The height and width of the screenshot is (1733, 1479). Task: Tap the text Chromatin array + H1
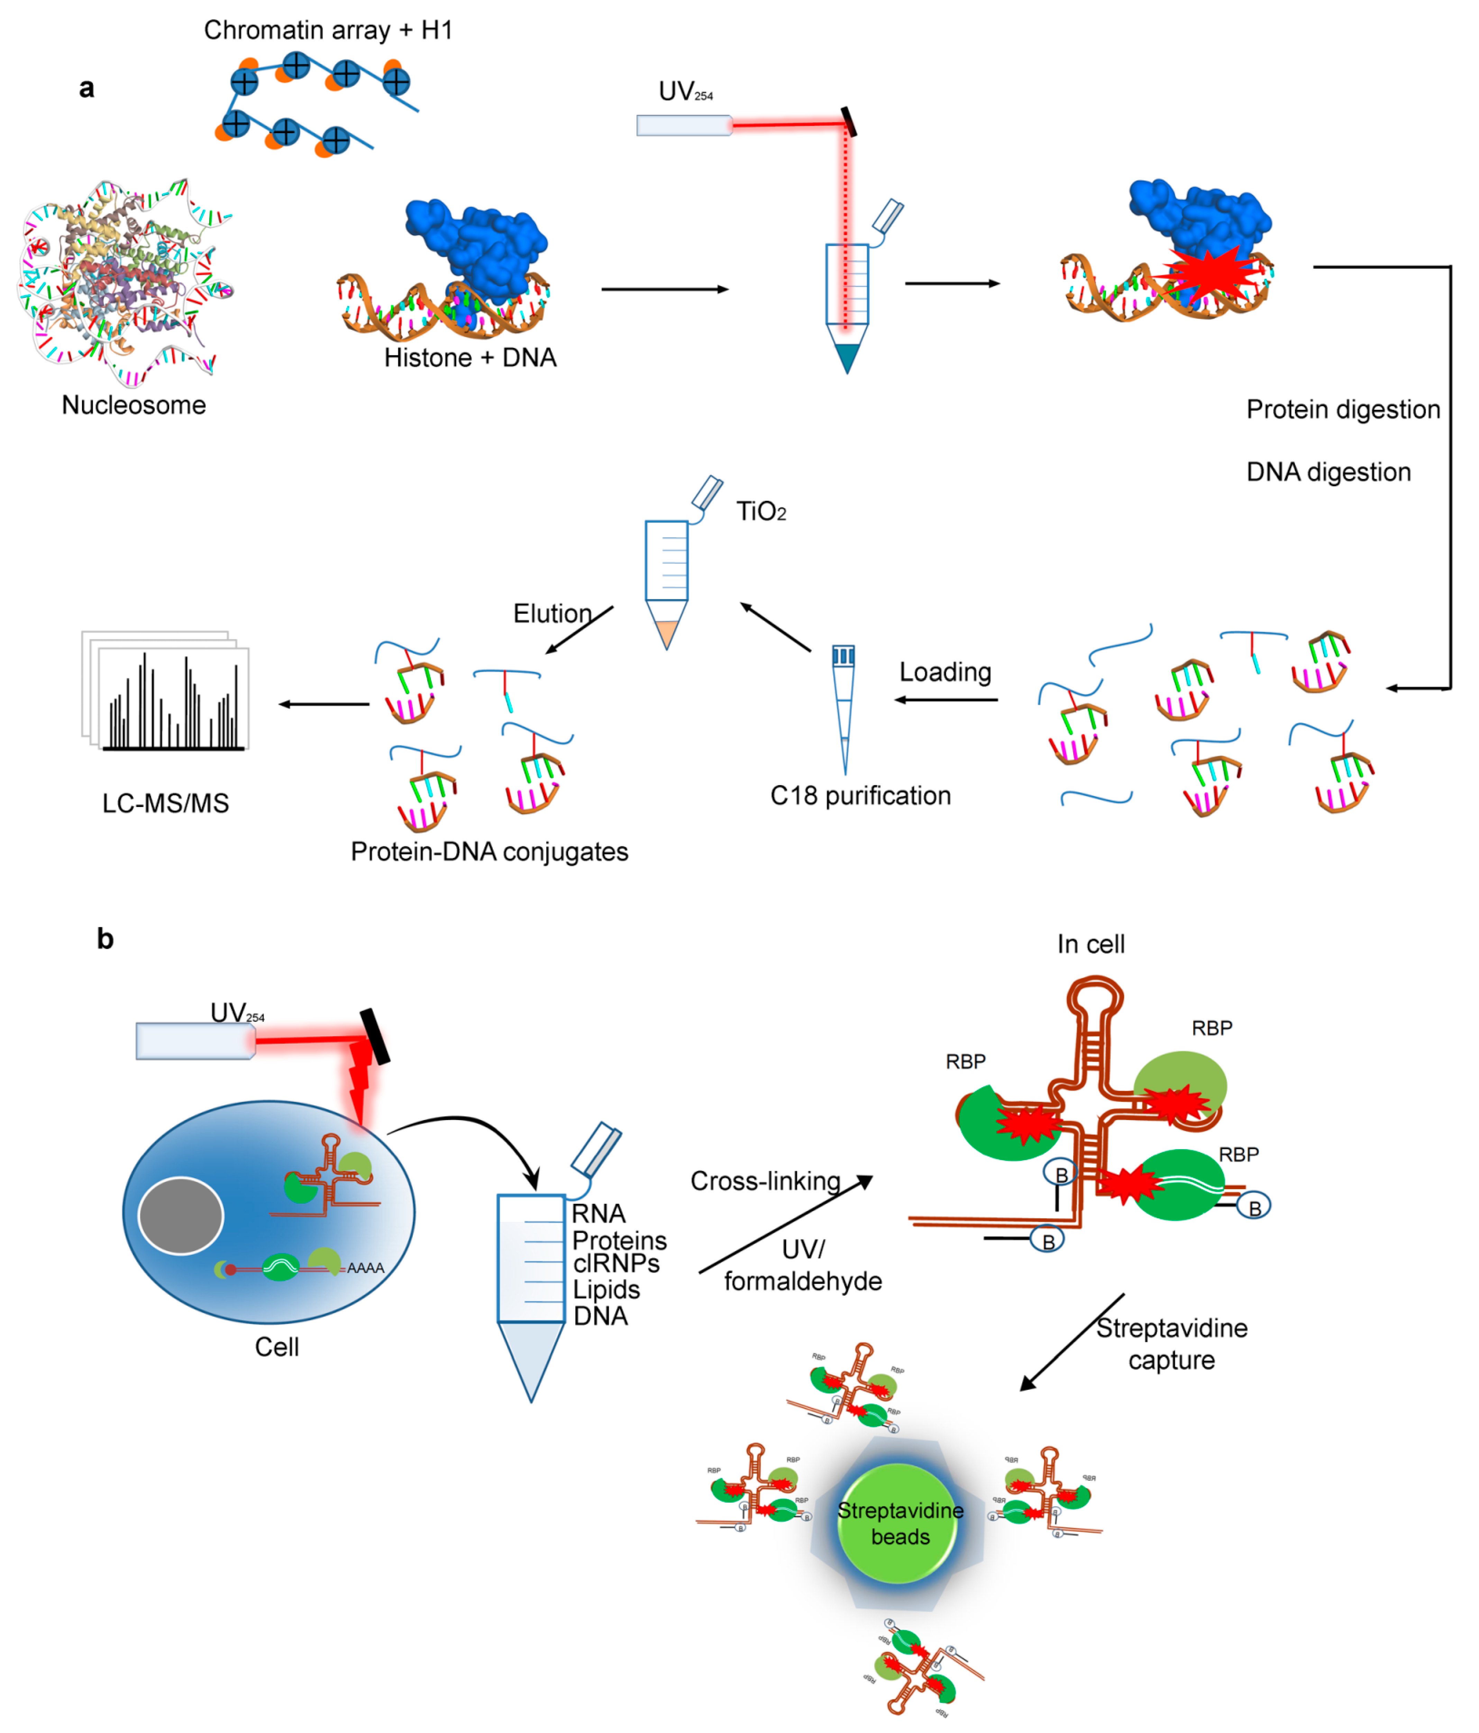[x=328, y=30]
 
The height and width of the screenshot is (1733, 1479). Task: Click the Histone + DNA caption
[x=470, y=358]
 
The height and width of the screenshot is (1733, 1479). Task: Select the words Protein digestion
[x=1343, y=410]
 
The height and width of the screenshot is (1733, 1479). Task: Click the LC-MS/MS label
[x=166, y=804]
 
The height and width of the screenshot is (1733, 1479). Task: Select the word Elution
[x=552, y=614]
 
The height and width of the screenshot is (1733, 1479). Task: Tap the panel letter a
[x=86, y=88]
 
